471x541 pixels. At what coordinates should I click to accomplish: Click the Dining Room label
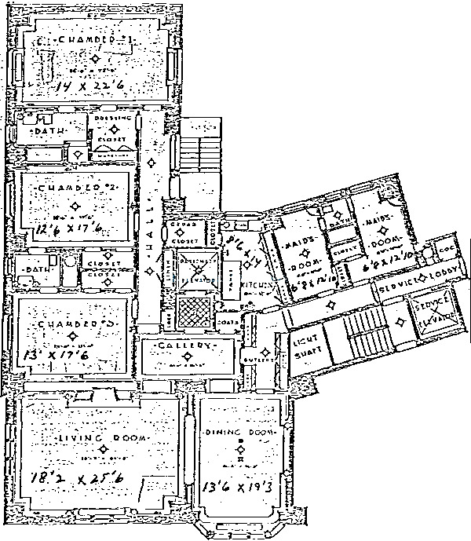(239, 433)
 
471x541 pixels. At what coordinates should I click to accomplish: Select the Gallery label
(187, 346)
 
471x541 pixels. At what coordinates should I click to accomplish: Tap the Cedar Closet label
(182, 232)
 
